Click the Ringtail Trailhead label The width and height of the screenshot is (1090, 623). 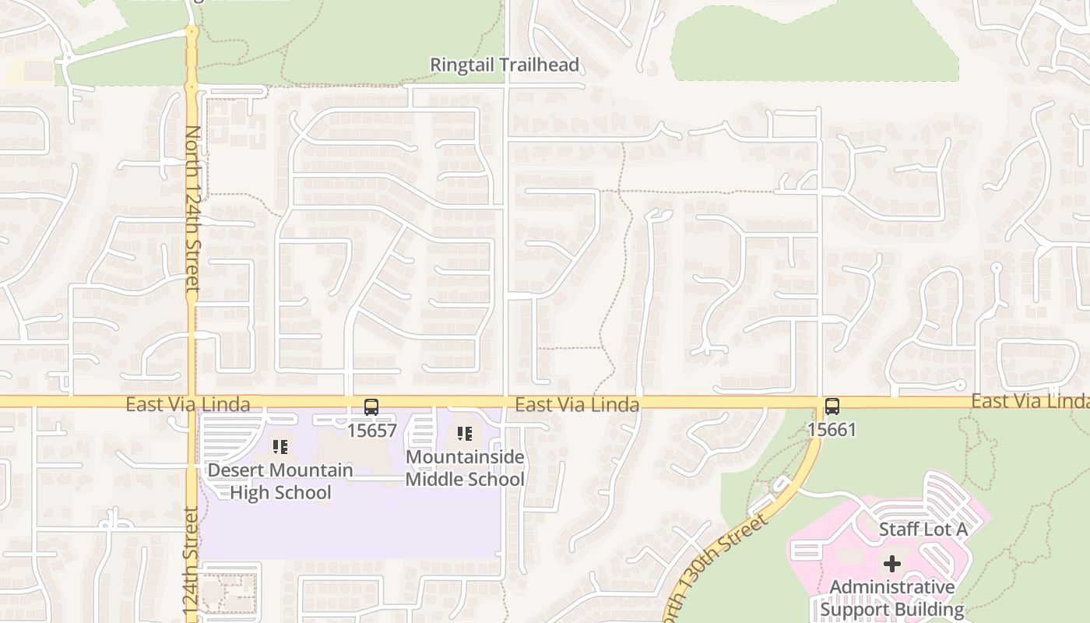[x=505, y=65]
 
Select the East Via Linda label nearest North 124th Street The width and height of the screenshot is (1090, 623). [x=188, y=404]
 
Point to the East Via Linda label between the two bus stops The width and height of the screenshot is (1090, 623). [x=577, y=404]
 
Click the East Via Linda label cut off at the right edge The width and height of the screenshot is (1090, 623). [x=1029, y=401]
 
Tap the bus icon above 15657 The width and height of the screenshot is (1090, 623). [x=371, y=407]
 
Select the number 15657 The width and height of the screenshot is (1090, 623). [x=371, y=430]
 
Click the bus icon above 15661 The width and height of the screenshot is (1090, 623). [x=832, y=406]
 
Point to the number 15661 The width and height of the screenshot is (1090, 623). [x=832, y=429]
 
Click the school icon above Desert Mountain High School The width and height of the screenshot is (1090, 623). [x=280, y=447]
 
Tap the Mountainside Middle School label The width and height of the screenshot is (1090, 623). [x=465, y=468]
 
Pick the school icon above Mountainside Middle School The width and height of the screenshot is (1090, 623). [x=465, y=434]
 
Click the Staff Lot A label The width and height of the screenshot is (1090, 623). [x=923, y=530]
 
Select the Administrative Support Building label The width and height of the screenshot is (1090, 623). [x=892, y=598]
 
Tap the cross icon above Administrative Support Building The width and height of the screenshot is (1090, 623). [x=892, y=563]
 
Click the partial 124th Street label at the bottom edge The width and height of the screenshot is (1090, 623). [x=192, y=565]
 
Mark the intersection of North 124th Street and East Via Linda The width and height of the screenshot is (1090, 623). [x=192, y=402]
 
